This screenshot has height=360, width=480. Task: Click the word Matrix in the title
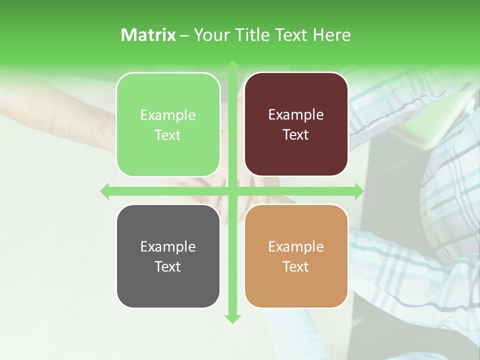(148, 35)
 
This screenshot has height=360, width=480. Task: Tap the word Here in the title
(332, 35)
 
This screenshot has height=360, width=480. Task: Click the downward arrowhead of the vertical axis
(232, 318)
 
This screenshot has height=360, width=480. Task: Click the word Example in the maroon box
(296, 115)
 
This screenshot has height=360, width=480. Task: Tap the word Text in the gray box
(167, 266)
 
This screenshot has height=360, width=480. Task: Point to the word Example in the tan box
(296, 246)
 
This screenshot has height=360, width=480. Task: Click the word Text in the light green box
(167, 135)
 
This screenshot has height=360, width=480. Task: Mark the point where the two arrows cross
(232, 191)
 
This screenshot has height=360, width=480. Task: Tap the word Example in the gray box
(168, 246)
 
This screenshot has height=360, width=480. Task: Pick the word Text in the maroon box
(296, 134)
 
